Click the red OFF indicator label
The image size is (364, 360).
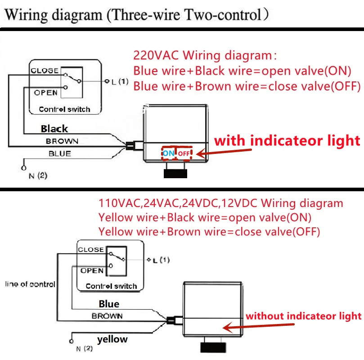(x=184, y=154)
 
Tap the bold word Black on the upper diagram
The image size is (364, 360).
(x=54, y=129)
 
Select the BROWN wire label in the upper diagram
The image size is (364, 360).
(x=62, y=141)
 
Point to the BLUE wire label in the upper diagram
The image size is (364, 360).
(x=60, y=153)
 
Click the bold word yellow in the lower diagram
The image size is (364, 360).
(x=112, y=339)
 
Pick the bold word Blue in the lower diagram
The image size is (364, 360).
(x=109, y=304)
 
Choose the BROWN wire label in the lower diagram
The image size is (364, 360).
(x=107, y=316)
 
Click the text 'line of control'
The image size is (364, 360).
(x=30, y=284)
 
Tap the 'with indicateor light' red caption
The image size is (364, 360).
(x=287, y=140)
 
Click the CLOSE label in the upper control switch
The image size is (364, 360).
(x=44, y=71)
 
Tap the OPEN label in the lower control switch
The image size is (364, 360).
(x=92, y=270)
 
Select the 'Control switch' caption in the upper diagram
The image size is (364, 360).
(x=64, y=109)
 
